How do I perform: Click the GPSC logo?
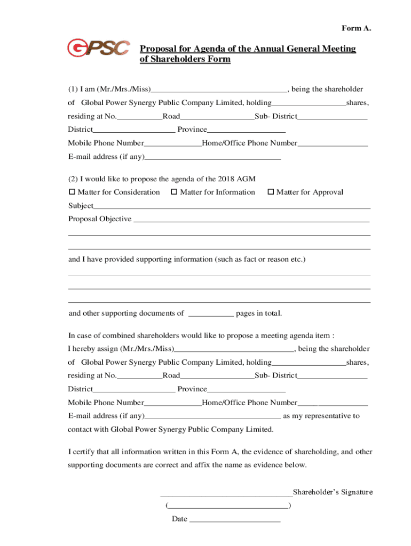[98, 48]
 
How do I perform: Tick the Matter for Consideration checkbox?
[72, 192]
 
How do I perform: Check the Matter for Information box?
[174, 192]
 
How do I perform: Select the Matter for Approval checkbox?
[271, 192]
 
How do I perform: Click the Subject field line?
[232, 206]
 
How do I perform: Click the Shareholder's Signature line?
[226, 493]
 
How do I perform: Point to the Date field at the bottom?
[235, 519]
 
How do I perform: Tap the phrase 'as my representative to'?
[321, 416]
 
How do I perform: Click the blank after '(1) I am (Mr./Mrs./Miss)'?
[219, 90]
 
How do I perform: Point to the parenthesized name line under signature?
[228, 505]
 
